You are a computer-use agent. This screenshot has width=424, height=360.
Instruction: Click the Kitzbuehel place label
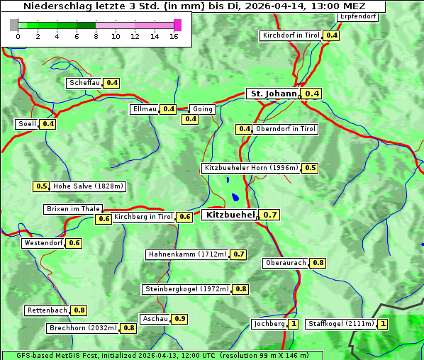tap(228, 214)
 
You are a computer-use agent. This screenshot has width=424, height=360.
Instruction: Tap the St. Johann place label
tap(272, 94)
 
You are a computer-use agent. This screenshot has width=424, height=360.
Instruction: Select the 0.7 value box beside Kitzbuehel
tap(270, 215)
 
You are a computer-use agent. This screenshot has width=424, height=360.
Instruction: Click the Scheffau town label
tap(84, 83)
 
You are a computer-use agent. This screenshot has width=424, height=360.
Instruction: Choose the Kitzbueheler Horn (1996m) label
tap(250, 168)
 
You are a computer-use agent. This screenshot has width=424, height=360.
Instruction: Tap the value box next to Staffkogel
tap(384, 324)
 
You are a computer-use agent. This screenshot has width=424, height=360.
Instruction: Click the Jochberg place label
tap(268, 324)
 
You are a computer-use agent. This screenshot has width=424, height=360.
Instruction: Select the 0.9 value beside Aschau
tap(180, 319)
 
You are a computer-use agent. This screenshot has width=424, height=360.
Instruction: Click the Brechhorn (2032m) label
tap(83, 328)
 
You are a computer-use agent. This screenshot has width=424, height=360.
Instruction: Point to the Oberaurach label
tap(285, 263)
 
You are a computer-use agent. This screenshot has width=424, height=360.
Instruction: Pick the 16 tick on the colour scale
tap(174, 36)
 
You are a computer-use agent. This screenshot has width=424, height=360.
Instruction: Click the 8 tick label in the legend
tap(96, 36)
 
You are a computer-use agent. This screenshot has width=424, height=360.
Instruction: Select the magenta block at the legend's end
tap(177, 25)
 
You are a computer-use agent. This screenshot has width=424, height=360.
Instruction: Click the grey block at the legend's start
tap(14, 25)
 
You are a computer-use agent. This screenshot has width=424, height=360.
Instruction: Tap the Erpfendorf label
tap(357, 16)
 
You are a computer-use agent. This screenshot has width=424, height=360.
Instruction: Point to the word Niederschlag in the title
tap(56, 6)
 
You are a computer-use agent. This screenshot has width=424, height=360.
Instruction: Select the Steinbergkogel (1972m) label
tap(186, 289)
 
